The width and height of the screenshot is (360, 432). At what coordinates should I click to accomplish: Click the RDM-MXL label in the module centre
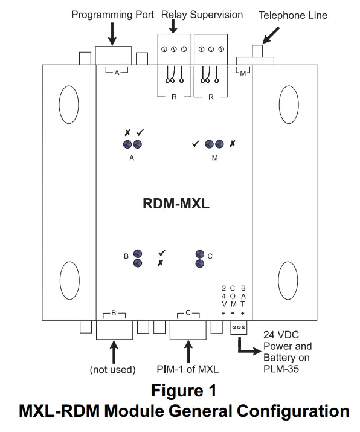(175, 204)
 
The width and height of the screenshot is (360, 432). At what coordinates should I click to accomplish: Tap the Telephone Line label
(293, 15)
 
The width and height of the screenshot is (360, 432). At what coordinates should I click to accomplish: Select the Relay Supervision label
(202, 14)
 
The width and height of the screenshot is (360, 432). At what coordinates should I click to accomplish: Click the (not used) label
(112, 369)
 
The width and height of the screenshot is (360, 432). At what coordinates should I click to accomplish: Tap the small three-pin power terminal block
(238, 328)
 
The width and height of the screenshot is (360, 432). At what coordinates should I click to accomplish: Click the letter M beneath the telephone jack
(243, 73)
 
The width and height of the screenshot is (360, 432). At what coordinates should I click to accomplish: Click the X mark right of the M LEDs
(233, 144)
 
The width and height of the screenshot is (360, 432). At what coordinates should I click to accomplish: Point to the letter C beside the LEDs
(210, 256)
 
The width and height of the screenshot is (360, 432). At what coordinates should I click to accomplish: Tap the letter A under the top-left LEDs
(132, 158)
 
